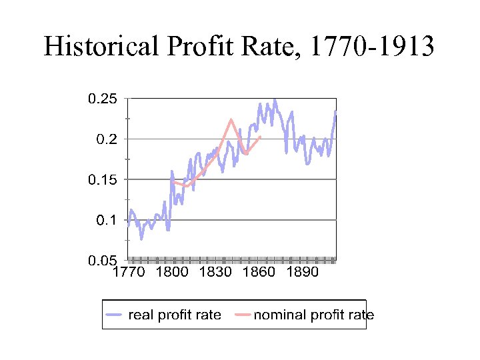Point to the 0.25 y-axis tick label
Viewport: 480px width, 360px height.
[103, 99]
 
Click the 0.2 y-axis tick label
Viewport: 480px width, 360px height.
[107, 139]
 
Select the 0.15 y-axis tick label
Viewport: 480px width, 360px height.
[103, 179]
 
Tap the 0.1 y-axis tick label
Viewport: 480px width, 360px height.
[107, 219]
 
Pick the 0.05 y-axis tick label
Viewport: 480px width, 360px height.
[103, 259]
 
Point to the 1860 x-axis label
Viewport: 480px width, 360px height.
[257, 273]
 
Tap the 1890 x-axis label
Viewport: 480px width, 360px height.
[299, 273]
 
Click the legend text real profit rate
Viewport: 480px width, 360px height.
[174, 315]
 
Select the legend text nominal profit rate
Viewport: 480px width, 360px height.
[313, 315]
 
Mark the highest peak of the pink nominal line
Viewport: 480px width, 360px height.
[231, 120]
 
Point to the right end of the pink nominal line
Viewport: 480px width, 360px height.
[259, 137]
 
